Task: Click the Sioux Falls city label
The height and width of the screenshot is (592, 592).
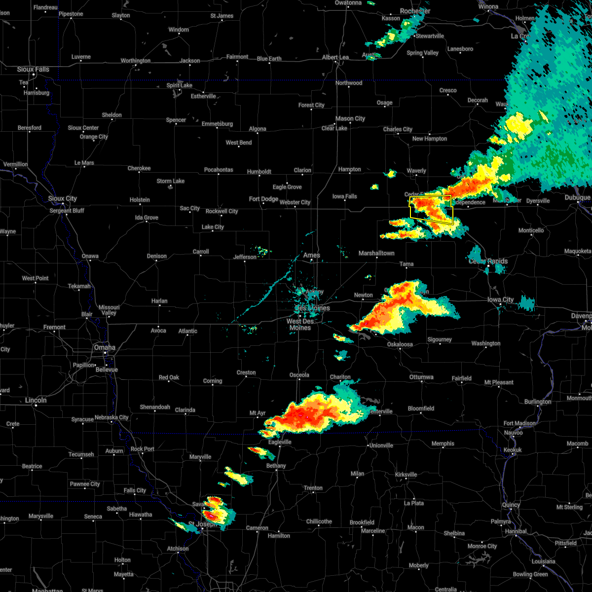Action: coord(33,70)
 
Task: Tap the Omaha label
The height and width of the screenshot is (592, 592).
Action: coord(105,348)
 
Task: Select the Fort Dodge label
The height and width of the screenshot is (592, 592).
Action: coord(263,199)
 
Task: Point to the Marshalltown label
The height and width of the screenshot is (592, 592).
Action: coord(376,253)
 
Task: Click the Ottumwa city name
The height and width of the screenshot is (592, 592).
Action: coord(421,377)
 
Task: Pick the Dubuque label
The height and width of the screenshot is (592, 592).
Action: coord(577,198)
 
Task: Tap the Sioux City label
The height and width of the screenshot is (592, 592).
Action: coord(63,199)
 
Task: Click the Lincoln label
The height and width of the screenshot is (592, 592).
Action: coord(36,400)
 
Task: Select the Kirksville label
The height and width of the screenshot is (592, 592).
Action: coord(406,475)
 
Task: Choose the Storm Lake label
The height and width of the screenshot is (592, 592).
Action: coord(171,181)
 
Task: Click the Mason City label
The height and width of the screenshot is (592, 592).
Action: coord(350,118)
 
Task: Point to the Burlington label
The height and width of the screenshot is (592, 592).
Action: coord(538,402)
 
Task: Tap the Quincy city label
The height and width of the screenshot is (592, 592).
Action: coord(511,505)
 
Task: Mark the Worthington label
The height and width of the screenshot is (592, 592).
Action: coord(136,61)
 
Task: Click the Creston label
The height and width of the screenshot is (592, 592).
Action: coord(246,372)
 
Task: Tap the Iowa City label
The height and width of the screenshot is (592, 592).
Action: coord(500,300)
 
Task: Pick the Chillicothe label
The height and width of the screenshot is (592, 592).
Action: coord(319,521)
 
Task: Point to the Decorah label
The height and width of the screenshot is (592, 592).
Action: coord(478,100)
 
